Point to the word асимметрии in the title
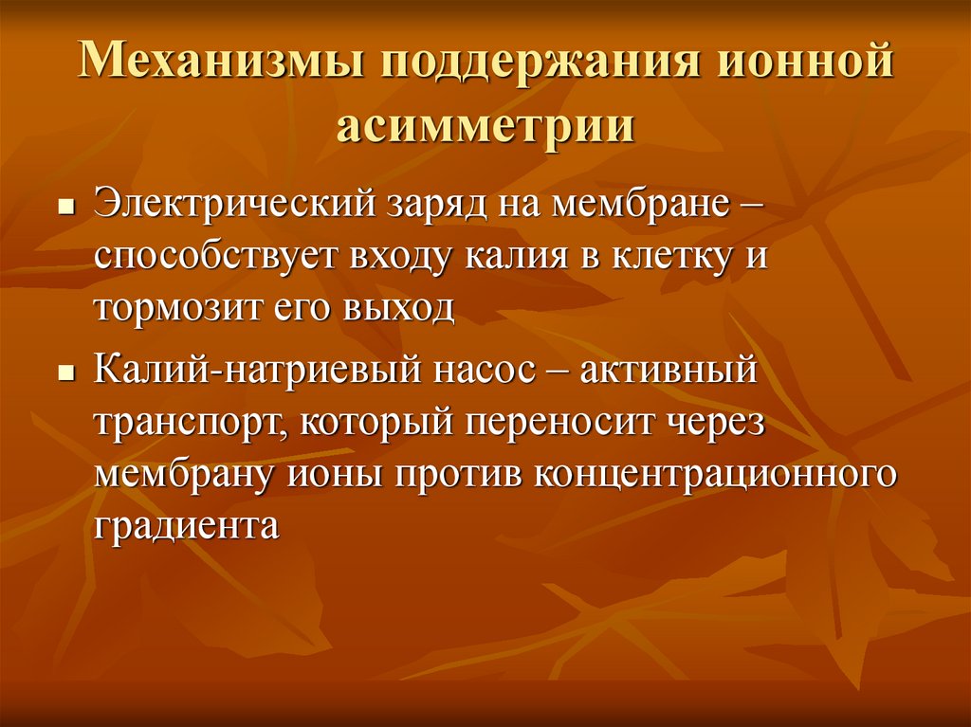click(x=485, y=126)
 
